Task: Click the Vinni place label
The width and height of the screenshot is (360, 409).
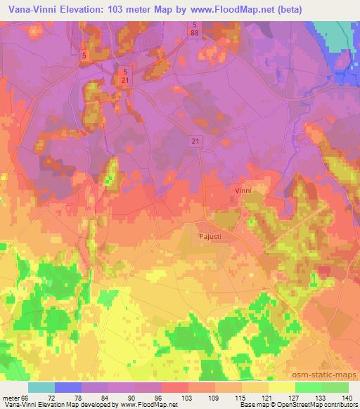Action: (x=243, y=190)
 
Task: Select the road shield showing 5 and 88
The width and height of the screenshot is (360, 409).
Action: (x=193, y=30)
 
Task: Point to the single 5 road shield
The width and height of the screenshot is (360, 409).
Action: (x=84, y=54)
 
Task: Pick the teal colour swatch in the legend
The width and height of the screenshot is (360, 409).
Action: (x=41, y=387)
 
